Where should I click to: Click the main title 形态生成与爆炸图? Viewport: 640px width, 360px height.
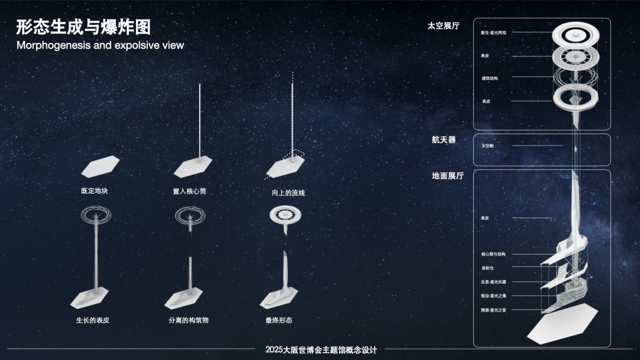83,27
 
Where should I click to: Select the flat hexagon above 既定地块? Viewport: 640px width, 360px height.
100,166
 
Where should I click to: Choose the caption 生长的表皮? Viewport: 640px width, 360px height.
92,321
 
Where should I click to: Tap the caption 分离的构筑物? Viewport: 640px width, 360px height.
189,321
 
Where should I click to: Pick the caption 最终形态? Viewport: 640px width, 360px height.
279,321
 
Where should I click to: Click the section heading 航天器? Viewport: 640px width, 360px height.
443,139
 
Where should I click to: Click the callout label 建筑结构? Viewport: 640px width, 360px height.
490,78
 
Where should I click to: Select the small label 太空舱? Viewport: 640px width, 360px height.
487,145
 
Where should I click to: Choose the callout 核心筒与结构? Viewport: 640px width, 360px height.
493,255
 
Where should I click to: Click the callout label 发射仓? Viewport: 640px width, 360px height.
487,268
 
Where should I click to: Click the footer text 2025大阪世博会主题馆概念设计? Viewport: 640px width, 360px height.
321,350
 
